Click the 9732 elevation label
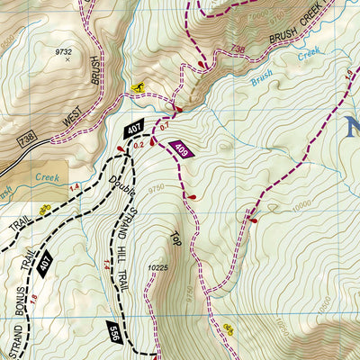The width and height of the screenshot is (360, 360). click(x=63, y=52)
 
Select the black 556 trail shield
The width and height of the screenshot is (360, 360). click(x=112, y=332)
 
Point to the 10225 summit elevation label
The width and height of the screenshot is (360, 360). click(x=158, y=266)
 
